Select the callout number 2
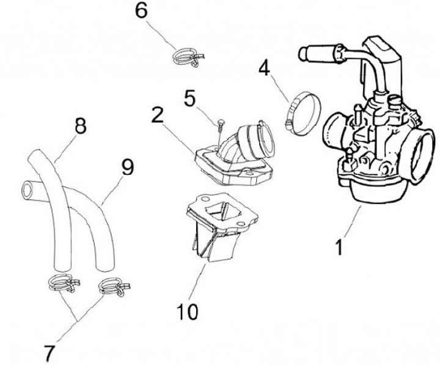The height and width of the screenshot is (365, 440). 158,115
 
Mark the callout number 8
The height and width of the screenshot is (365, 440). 80,127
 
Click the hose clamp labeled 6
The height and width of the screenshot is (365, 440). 186,57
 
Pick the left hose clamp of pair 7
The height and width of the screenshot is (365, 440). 61,282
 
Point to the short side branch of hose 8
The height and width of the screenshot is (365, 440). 31,186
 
